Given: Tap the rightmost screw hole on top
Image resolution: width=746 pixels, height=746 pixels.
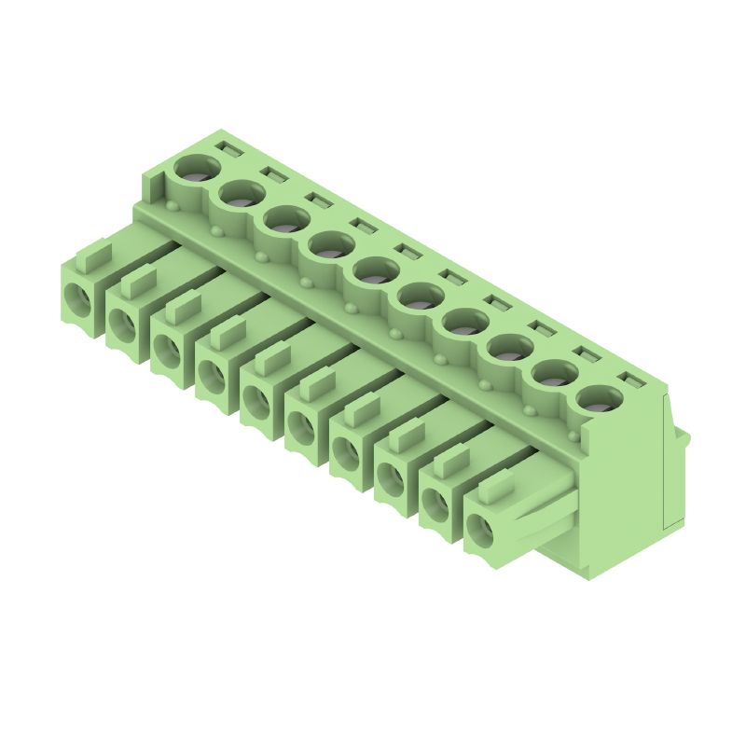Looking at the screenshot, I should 600,398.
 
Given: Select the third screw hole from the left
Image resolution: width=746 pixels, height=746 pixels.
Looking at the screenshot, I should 286,221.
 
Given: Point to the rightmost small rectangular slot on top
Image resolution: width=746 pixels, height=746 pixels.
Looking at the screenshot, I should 633,380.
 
